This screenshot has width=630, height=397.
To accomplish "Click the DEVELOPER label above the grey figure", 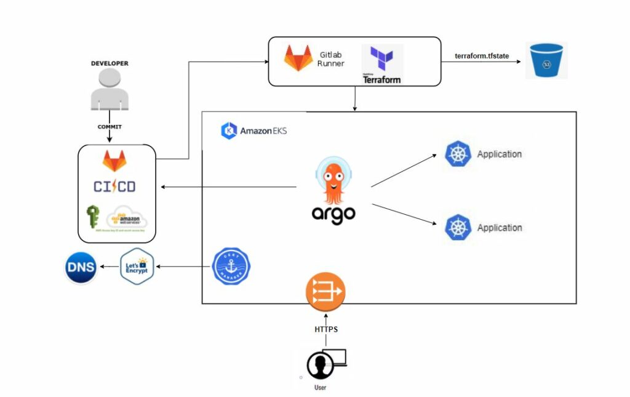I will (110, 63).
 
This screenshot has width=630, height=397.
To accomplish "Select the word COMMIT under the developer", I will (110, 127).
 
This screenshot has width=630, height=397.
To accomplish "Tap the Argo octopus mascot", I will (333, 181).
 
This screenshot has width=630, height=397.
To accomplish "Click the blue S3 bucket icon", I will (544, 60).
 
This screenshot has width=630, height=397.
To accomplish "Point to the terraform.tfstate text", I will (482, 56).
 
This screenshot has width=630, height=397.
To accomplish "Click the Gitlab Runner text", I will (331, 58).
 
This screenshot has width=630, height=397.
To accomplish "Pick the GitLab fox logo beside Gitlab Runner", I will (298, 58).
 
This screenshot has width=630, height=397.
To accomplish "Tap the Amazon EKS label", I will (253, 131).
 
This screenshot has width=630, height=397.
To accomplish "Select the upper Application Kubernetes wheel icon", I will (458, 154).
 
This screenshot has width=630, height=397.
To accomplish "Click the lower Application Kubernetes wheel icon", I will (458, 228).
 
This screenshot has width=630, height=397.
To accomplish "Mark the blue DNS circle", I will (81, 268).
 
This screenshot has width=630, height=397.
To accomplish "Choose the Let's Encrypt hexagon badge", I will (137, 267).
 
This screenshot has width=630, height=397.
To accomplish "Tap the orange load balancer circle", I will (325, 292).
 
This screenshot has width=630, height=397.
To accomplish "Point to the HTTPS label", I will (325, 329).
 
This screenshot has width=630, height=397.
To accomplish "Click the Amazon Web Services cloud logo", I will (127, 217).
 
